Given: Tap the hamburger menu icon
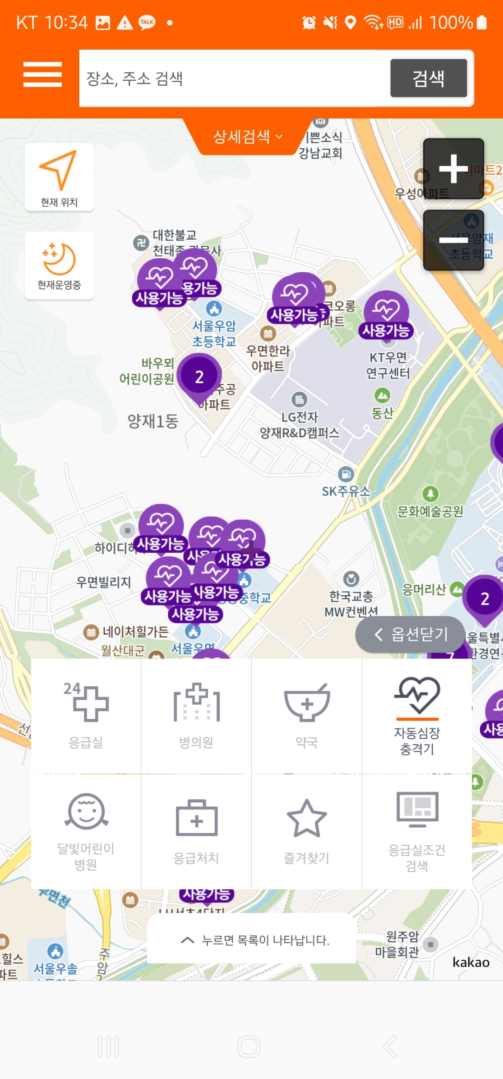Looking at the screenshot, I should click(43, 75).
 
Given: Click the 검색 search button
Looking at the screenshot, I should click(428, 78).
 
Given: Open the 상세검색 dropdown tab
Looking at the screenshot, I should click(247, 136).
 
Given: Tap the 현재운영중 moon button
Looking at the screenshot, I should click(59, 266).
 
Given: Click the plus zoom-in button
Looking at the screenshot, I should click(453, 169).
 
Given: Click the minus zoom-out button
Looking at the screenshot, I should click(453, 240).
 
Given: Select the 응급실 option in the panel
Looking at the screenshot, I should click(86, 715).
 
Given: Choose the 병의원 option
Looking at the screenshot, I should click(196, 715).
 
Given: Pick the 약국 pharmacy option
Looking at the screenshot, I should click(306, 715).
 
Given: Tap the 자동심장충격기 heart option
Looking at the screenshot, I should click(417, 715).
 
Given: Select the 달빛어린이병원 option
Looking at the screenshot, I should click(86, 831).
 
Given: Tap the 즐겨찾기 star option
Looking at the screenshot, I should click(306, 831).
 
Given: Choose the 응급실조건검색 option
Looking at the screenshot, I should click(417, 831).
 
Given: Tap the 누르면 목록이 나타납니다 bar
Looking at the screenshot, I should click(252, 940).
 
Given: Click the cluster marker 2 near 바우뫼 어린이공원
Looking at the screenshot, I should click(199, 377).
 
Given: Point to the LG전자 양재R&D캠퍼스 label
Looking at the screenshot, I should click(299, 425).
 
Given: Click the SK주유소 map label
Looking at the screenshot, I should click(346, 491).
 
